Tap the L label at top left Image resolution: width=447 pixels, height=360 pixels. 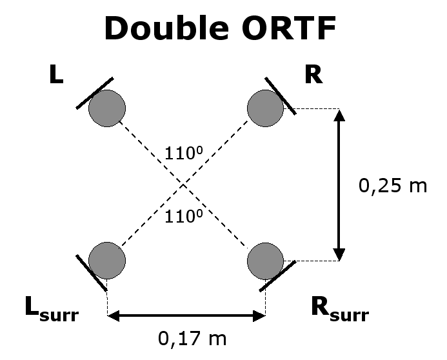[57, 76]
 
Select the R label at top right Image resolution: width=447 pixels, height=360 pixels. [313, 75]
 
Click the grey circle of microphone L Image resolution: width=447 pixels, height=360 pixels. [106, 108]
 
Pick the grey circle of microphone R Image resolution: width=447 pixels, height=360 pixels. [265, 108]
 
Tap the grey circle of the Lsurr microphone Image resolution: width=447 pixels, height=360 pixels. [106, 260]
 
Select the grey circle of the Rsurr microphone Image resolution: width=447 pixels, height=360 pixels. [265, 260]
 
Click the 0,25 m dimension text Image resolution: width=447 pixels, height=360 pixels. [393, 186]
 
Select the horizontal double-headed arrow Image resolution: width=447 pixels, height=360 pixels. [186, 315]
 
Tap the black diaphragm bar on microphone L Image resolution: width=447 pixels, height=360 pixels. [94, 93]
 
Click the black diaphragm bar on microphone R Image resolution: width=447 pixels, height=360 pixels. [280, 95]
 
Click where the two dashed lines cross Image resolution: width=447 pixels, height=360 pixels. [185, 185]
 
